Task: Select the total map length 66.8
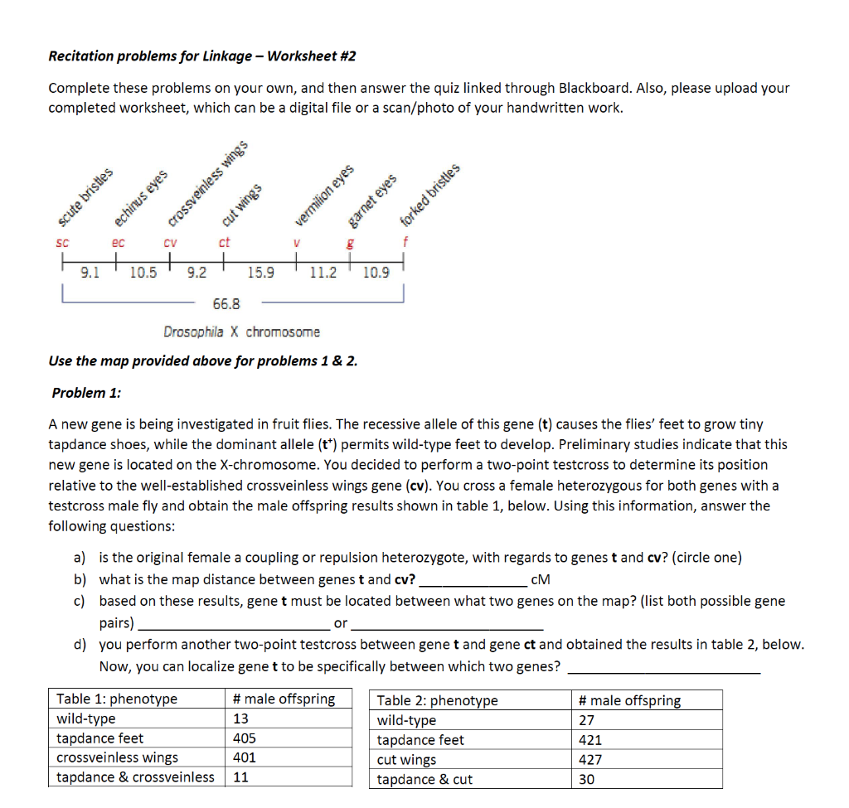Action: [226, 304]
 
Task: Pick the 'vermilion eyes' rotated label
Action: [325, 195]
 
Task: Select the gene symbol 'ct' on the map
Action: [224, 243]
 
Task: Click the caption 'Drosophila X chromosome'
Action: [241, 331]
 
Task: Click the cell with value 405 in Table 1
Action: [245, 738]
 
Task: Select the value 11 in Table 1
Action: [241, 777]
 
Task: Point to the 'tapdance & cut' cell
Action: [424, 779]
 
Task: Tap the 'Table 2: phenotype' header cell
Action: [437, 701]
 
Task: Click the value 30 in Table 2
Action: [586, 779]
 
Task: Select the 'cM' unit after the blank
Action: [538, 579]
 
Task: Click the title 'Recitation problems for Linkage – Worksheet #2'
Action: [201, 56]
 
